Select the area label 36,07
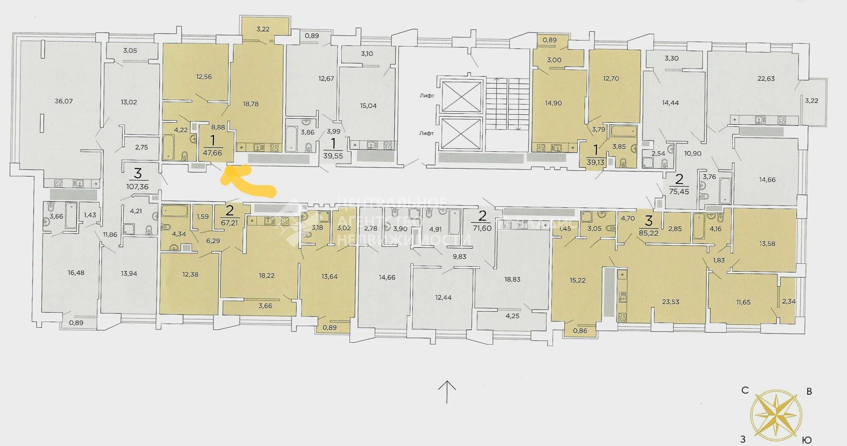click(x=64, y=101)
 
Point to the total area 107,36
click(x=138, y=186)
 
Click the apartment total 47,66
click(x=213, y=153)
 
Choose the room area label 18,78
click(x=251, y=104)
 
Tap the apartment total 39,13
click(x=595, y=162)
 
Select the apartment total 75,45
click(x=679, y=191)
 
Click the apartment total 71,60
click(x=481, y=228)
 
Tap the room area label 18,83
click(x=512, y=279)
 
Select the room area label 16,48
click(x=76, y=273)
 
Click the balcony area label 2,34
click(x=789, y=301)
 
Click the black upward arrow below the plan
click(x=447, y=392)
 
